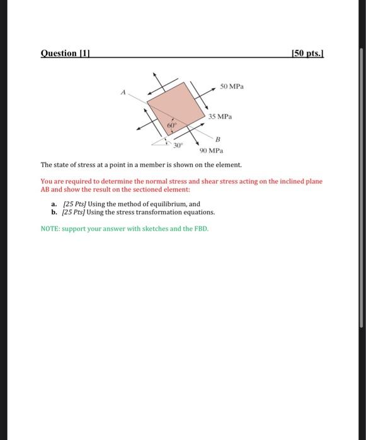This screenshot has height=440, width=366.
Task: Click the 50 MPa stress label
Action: pos(232,85)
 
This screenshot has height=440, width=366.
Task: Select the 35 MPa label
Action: pos(221,117)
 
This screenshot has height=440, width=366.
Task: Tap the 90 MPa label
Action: pos(210,151)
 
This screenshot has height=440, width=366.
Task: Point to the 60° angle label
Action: pos(171,126)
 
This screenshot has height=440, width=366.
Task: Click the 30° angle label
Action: pos(178,145)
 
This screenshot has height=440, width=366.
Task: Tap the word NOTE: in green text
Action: pos(52,228)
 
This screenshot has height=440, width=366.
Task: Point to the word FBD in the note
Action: pos(200,228)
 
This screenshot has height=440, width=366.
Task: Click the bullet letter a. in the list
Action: pos(55,204)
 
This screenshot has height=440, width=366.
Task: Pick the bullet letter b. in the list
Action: pos(55,212)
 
